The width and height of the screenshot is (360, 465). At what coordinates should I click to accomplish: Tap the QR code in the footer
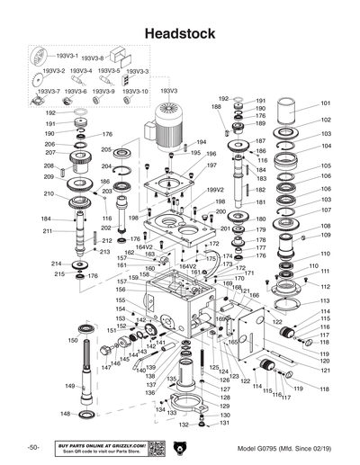click(154, 448)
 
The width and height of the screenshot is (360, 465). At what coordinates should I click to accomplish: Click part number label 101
click(325, 103)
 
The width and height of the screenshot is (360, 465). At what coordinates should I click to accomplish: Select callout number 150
click(72, 341)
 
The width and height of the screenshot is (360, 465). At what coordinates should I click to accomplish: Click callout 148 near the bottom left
click(65, 415)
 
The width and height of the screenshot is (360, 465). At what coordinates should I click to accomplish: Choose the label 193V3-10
click(136, 92)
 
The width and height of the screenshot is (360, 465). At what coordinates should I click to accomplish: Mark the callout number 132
click(183, 425)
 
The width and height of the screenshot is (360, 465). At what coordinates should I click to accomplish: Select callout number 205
click(131, 149)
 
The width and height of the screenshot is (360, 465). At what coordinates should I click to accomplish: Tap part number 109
click(325, 236)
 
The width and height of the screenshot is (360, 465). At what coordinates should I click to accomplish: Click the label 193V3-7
click(49, 92)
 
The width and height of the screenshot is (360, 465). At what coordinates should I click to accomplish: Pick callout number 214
click(55, 264)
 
